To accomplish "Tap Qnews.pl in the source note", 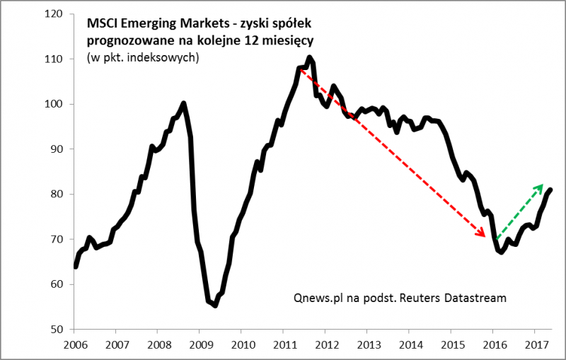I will point(318,298).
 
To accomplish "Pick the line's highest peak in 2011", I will point(310,57).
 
